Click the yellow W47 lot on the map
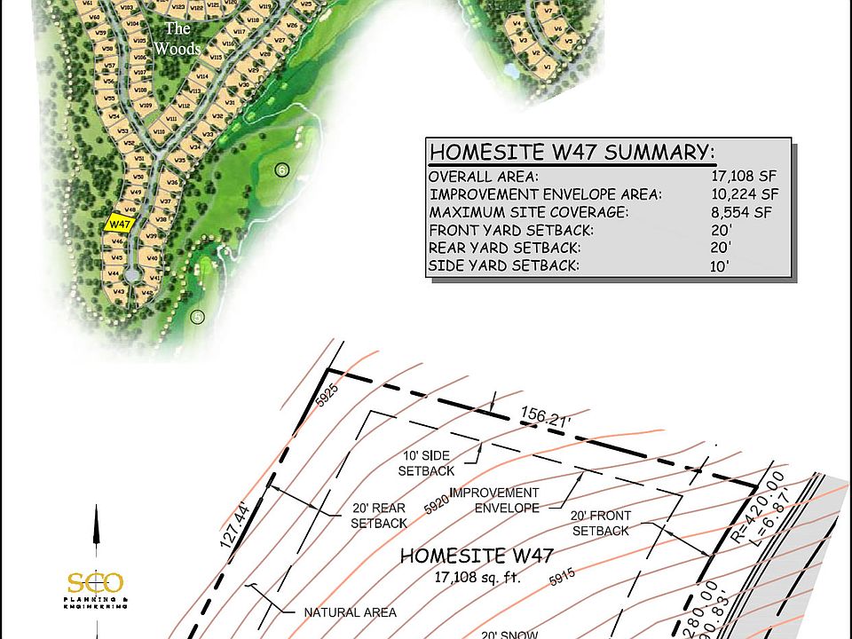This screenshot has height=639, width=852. (119, 225)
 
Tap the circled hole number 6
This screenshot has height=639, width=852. (282, 170)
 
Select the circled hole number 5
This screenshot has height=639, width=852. (197, 316)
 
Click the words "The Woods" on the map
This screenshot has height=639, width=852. (177, 38)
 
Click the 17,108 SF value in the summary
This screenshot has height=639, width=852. (745, 177)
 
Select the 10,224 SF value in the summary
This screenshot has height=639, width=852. (745, 194)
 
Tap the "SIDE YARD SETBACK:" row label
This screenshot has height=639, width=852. (504, 265)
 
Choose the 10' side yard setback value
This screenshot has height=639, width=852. (720, 265)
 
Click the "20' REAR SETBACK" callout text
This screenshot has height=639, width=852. (379, 516)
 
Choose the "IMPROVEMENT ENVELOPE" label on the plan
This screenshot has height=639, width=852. (494, 500)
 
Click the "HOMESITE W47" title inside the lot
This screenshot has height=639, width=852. (477, 557)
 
